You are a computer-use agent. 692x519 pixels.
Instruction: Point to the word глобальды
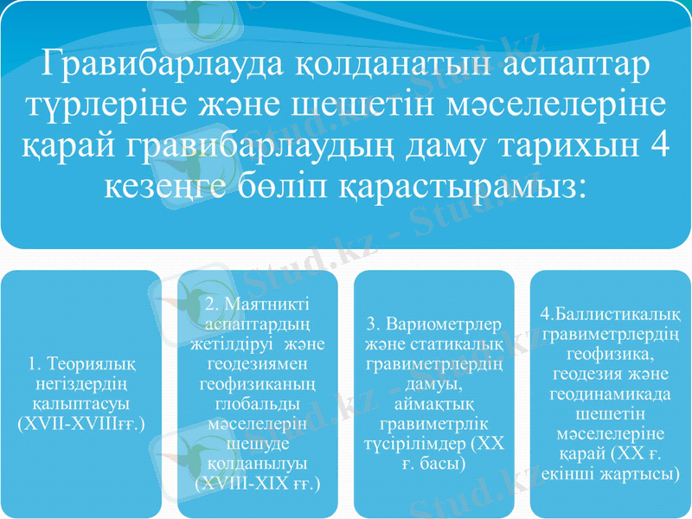(257, 404)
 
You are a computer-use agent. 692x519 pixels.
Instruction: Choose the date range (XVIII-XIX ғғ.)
(257, 482)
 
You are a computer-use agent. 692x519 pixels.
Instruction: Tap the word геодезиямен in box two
(257, 365)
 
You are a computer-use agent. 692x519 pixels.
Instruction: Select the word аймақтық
(434, 404)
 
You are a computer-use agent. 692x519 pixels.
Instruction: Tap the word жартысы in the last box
(639, 475)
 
